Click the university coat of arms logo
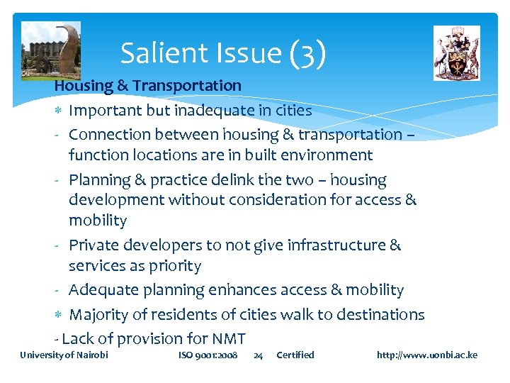click(456, 53)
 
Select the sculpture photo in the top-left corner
click(51, 50)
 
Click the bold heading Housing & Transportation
click(148, 86)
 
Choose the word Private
click(94, 245)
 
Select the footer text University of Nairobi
click(64, 355)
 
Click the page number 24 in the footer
click(259, 355)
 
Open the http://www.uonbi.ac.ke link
click(427, 355)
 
